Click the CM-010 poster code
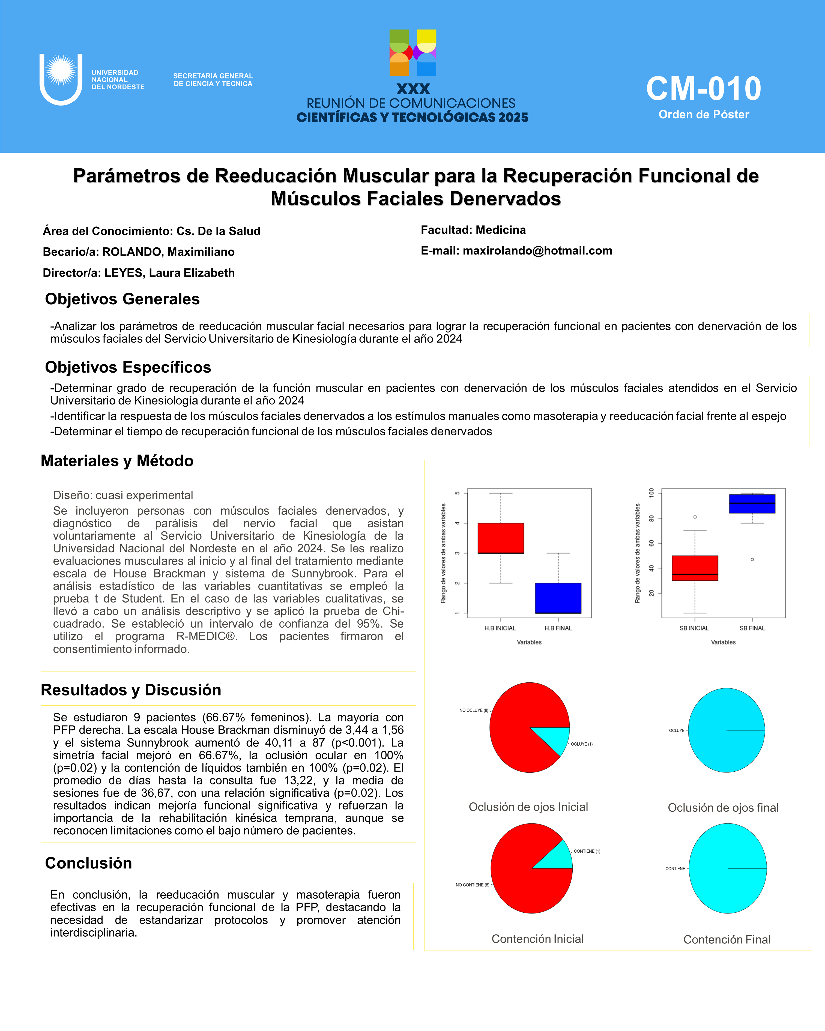point(703,89)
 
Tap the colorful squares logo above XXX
point(413,53)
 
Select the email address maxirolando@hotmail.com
point(537,251)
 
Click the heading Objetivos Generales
point(122,299)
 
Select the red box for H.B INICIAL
point(501,538)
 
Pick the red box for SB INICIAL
point(694,568)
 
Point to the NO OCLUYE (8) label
point(474,711)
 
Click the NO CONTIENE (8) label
point(472,885)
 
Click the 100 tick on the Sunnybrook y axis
point(651,493)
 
